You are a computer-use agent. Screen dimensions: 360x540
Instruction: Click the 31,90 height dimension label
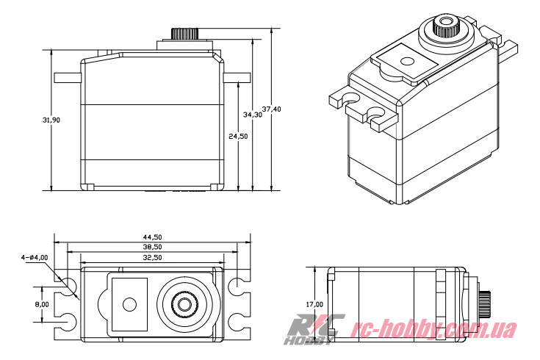pyautogui.click(x=32, y=120)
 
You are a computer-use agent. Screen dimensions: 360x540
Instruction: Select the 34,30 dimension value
pyautogui.click(x=252, y=115)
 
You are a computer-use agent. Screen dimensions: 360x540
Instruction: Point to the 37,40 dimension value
pyautogui.click(x=272, y=109)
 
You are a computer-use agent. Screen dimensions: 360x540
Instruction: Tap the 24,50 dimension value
pyautogui.click(x=237, y=136)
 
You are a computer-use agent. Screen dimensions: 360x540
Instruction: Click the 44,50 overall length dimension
pyautogui.click(x=153, y=237)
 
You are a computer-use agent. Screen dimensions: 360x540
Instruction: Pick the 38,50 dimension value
pyautogui.click(x=153, y=248)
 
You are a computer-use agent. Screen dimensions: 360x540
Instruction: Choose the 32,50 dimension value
pyautogui.click(x=153, y=258)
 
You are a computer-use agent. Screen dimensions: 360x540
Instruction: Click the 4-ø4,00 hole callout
pyautogui.click(x=35, y=257)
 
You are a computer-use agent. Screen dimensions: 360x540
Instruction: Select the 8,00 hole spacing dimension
pyautogui.click(x=42, y=303)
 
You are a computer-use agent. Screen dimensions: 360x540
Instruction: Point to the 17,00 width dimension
pyautogui.click(x=314, y=303)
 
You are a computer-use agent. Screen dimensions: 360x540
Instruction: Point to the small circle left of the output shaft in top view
pyautogui.click(x=130, y=303)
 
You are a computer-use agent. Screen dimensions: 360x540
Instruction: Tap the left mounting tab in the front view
pyautogui.click(x=68, y=78)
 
